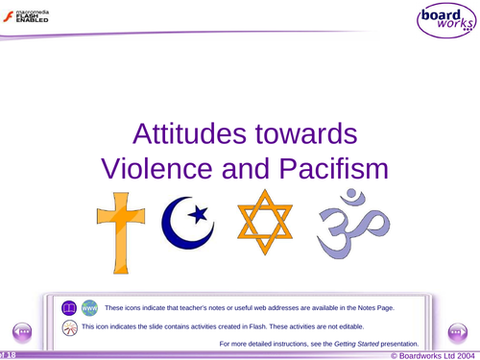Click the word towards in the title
(x=310, y=134)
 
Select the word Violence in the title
(x=160, y=171)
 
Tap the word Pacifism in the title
(x=320, y=171)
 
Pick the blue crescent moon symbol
(x=181, y=223)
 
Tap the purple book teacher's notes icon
(x=68, y=308)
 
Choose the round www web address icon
(x=88, y=308)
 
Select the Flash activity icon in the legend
(x=69, y=327)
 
